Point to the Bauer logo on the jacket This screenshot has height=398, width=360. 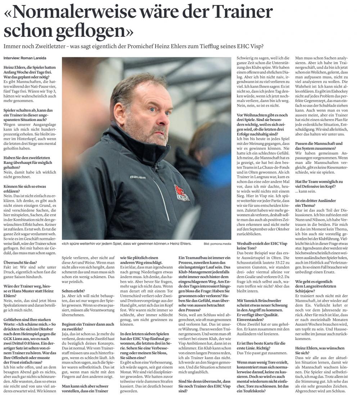pos(138,177)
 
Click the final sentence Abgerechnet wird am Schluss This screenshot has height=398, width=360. pos(320,390)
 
